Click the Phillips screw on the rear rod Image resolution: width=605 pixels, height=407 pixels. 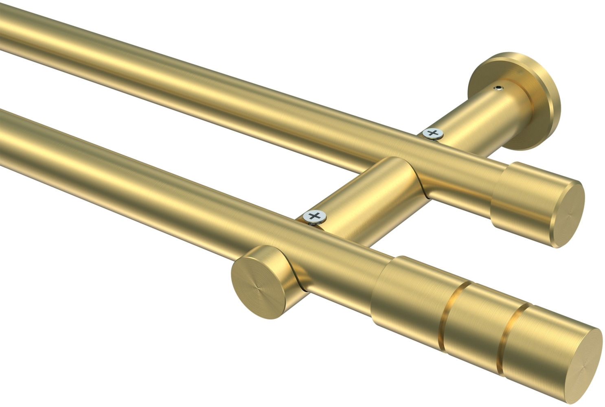click(433, 133)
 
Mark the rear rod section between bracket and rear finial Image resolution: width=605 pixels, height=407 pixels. click(468, 175)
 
